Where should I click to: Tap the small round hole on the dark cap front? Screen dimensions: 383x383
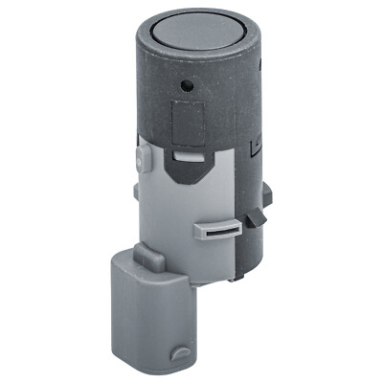click(x=191, y=85)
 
